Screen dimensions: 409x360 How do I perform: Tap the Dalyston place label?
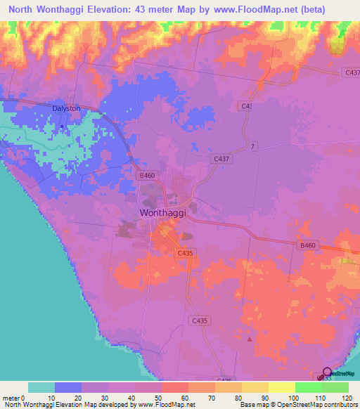(x=66, y=109)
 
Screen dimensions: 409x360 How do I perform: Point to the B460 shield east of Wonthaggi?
(x=307, y=245)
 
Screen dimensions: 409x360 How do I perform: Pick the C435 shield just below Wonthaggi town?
(x=185, y=252)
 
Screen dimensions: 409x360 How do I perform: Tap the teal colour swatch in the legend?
(x=41, y=387)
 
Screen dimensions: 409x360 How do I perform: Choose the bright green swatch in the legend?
(x=308, y=387)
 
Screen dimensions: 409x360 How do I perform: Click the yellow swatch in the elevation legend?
(x=281, y=387)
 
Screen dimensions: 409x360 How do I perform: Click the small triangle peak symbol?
(x=249, y=339)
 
